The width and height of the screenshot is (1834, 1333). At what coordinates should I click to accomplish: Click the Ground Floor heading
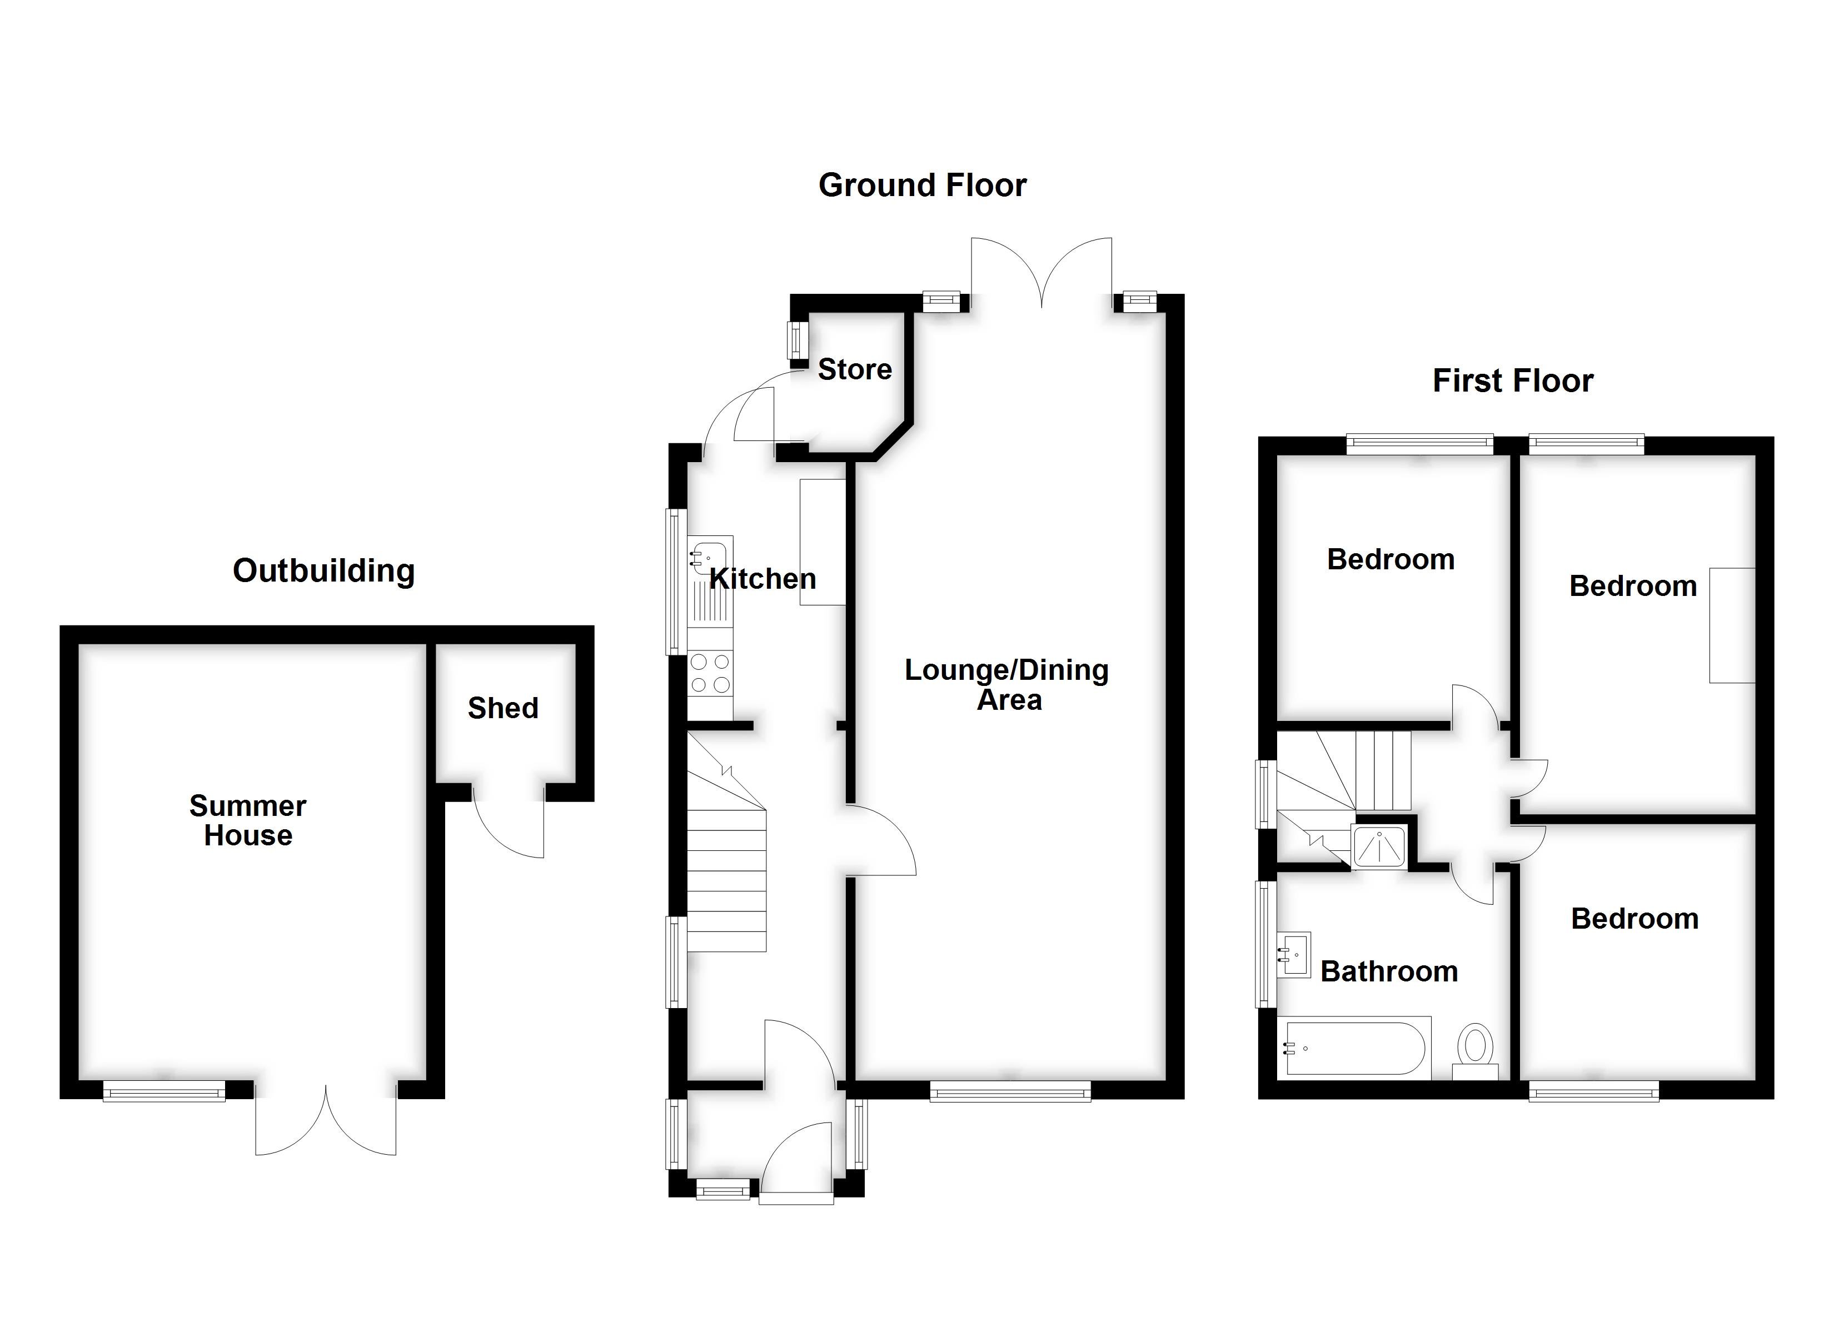click(x=922, y=185)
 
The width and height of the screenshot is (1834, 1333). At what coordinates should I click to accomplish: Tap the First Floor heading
click(x=1512, y=381)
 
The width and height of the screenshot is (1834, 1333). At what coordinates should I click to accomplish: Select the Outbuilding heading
click(x=323, y=571)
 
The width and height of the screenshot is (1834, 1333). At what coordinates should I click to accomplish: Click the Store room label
click(x=855, y=369)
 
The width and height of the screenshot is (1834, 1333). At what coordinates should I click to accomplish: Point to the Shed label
click(x=503, y=708)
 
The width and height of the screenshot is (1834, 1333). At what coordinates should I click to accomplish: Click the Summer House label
click(x=247, y=820)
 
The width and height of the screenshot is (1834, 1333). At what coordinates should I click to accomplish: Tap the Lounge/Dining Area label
click(x=1007, y=684)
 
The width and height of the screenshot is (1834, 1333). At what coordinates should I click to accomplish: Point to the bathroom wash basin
click(x=1294, y=955)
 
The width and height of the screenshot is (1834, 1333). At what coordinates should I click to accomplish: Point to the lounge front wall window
click(x=1010, y=1093)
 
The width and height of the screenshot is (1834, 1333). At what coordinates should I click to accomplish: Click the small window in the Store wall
click(x=798, y=340)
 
